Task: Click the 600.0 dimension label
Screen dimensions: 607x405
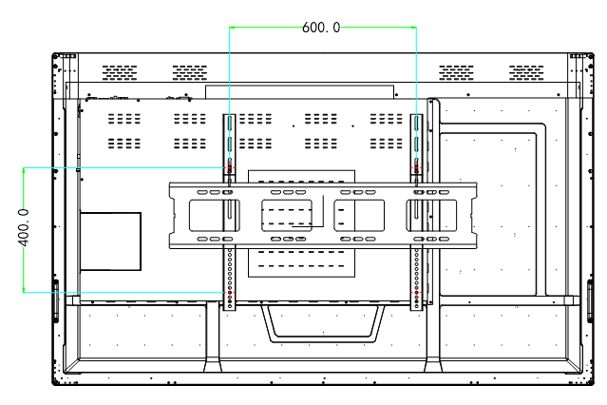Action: tap(321, 28)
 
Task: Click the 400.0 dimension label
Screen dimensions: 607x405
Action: tap(24, 227)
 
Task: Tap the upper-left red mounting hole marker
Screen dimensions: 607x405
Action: tap(230, 168)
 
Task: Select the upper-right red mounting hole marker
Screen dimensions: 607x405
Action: tap(416, 168)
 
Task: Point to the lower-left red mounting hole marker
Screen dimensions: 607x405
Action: tap(230, 293)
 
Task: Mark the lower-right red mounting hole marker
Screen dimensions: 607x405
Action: tap(416, 293)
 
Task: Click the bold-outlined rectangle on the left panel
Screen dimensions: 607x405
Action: tap(110, 241)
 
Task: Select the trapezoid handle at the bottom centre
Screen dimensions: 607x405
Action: tap(324, 323)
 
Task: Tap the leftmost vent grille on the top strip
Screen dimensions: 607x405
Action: tap(120, 73)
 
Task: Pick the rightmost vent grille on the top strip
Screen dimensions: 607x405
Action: tap(526, 73)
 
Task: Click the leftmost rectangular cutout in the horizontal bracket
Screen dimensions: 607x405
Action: tap(214, 216)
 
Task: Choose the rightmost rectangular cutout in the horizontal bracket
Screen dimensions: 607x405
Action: tap(431, 216)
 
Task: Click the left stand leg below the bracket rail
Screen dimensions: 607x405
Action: tap(213, 337)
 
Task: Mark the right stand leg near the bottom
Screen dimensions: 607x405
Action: tap(433, 337)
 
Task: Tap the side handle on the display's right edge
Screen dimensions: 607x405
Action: tap(590, 300)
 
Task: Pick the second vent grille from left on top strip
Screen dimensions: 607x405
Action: tap(190, 73)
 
